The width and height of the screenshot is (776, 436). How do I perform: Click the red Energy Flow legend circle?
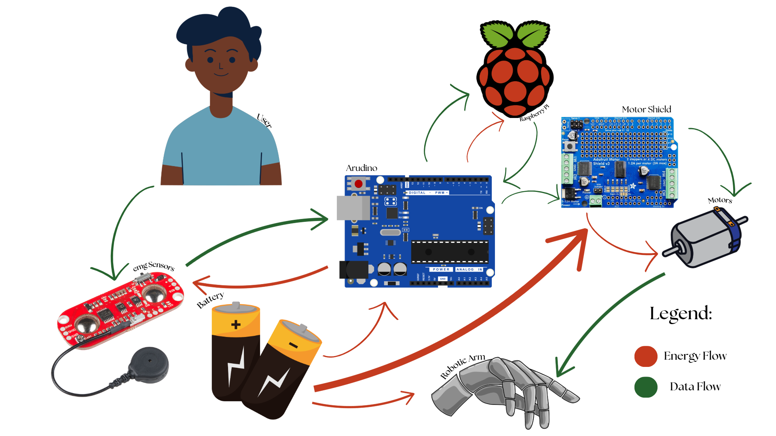646,356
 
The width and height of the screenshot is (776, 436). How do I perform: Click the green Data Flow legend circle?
646,387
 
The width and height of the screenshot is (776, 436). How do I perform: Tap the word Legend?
681,314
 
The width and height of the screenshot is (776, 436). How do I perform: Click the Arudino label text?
362,168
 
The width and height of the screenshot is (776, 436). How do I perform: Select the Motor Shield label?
646,110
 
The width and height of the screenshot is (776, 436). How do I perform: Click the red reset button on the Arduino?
358,184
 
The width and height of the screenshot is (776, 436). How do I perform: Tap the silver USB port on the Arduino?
353,208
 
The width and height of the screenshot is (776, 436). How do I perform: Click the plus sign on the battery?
236,324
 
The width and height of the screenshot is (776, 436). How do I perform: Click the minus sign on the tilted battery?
294,345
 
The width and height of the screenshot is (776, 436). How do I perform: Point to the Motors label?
720,200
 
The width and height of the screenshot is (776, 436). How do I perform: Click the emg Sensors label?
154,266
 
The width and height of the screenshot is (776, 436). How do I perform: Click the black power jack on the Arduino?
353,270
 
